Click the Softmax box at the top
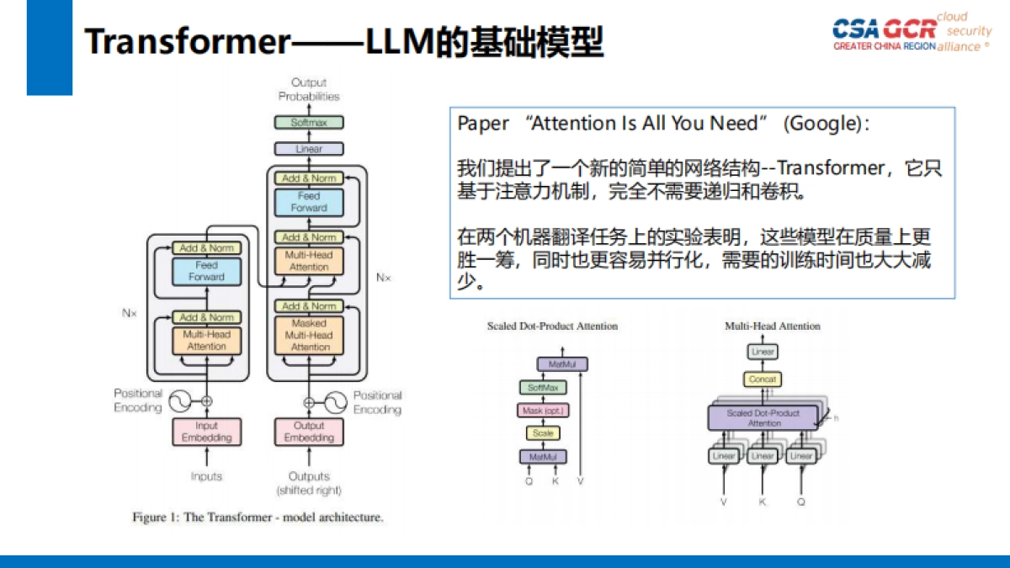(309, 123)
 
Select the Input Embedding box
(206, 432)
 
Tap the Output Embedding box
(309, 432)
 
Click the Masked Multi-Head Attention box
(310, 335)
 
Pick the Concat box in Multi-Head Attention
(763, 380)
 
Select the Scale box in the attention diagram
(543, 433)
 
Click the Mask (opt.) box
(543, 411)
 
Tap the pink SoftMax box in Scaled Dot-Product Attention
(543, 388)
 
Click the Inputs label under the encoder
(206, 476)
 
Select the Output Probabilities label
(309, 89)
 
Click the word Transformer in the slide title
(187, 42)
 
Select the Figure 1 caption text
(258, 518)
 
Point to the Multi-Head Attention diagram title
(772, 326)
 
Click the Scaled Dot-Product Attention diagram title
(552, 326)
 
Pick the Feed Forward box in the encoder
(206, 271)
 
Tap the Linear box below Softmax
(309, 149)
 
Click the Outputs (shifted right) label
(309, 483)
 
